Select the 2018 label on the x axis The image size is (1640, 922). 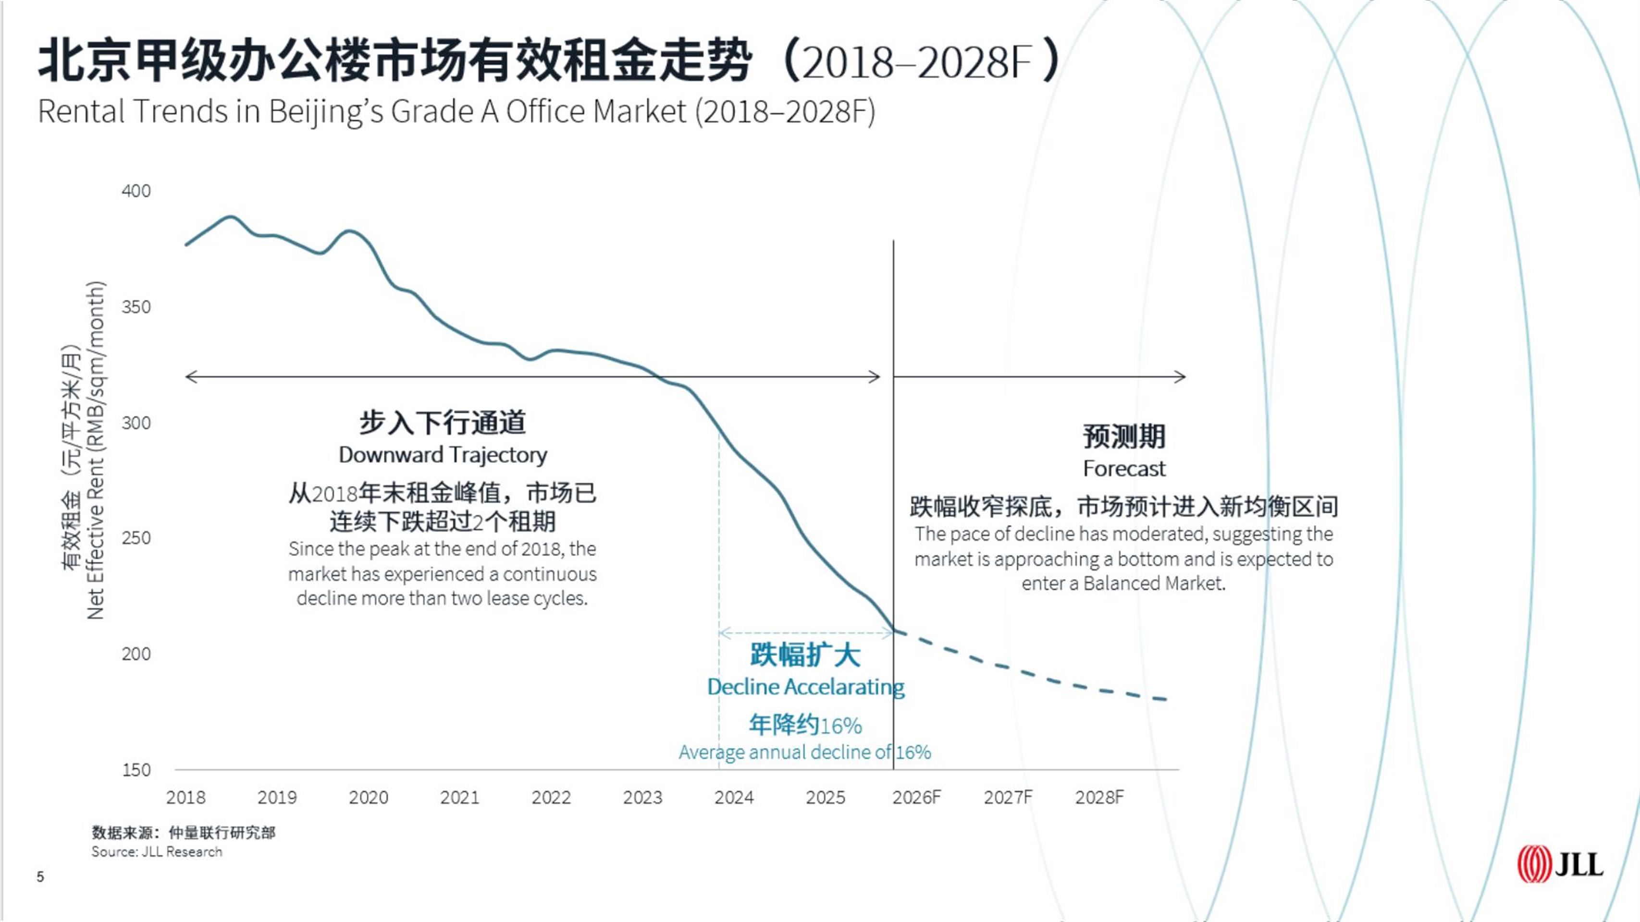pos(186,797)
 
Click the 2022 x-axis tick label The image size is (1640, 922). pos(551,797)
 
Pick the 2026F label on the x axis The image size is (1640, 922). pos(916,797)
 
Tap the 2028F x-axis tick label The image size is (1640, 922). pos(1099,797)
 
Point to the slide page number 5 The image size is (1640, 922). pos(40,877)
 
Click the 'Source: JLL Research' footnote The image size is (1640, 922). pos(157,852)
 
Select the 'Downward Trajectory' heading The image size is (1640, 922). pos(443,455)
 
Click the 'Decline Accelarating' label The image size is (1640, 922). pos(806,687)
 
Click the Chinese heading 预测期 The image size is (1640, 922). pos(1124,437)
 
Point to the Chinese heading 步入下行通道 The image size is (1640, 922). pos(443,423)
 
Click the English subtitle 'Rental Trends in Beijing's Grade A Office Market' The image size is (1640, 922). pos(456,112)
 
